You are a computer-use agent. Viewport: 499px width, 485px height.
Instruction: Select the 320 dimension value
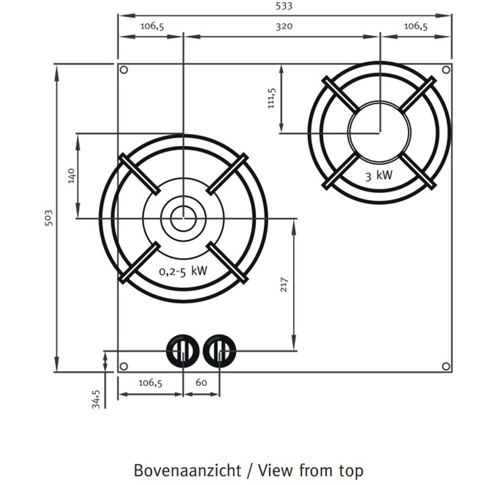click(x=283, y=27)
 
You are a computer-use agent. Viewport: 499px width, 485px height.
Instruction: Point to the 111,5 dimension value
click(x=272, y=98)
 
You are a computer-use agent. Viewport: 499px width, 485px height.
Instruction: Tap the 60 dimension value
click(x=201, y=382)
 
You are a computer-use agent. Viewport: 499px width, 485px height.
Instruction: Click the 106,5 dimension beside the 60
click(x=150, y=382)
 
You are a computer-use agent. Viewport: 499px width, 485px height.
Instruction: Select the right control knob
click(x=220, y=350)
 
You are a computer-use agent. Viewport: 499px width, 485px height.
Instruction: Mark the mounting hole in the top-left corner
click(x=124, y=71)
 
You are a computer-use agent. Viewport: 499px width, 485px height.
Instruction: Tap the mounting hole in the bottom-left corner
click(x=124, y=366)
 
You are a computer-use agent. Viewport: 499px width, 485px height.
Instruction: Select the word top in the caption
click(x=348, y=471)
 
